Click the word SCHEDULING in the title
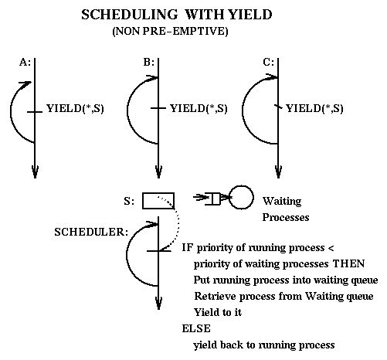pyautogui.click(x=130, y=15)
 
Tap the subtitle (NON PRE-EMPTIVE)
pyautogui.click(x=170, y=31)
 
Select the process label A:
pyautogui.click(x=25, y=63)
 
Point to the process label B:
pyautogui.click(x=149, y=63)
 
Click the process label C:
pyautogui.click(x=269, y=63)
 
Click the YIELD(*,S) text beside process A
pyautogui.click(x=75, y=108)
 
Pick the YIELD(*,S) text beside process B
pyautogui.click(x=199, y=108)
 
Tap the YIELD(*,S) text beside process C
pyautogui.click(x=314, y=108)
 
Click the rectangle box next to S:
pyautogui.click(x=158, y=201)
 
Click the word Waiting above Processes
pyautogui.click(x=282, y=201)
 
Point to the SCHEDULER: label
pyautogui.click(x=91, y=232)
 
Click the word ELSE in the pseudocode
pyautogui.click(x=196, y=328)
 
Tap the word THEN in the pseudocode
pyautogui.click(x=348, y=263)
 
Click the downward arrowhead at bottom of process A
pyautogui.click(x=35, y=172)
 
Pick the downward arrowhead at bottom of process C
pyautogui.click(x=278, y=172)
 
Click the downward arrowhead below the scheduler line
pyautogui.click(x=158, y=303)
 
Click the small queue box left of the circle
pyautogui.click(x=216, y=199)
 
